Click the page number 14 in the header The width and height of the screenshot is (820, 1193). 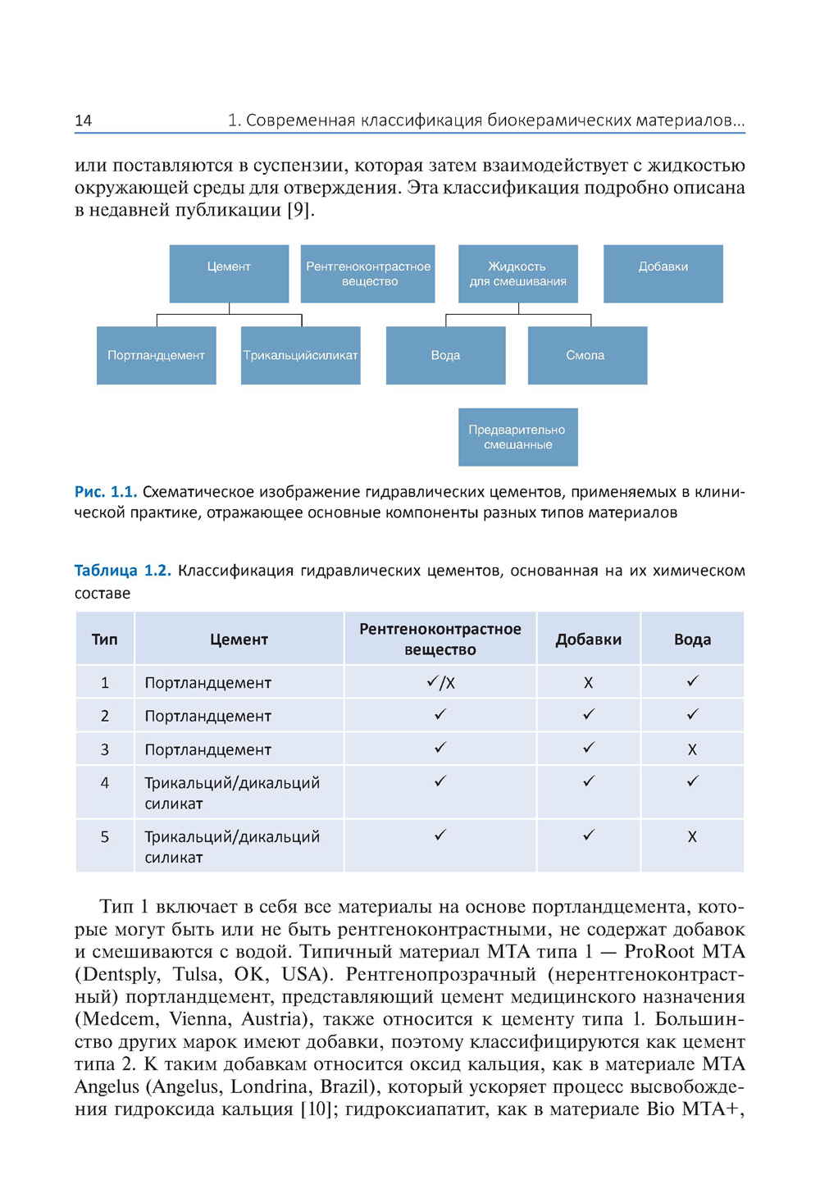(83, 121)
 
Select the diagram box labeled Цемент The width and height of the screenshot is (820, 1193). (229, 273)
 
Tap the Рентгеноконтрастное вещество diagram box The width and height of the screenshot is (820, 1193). (368, 273)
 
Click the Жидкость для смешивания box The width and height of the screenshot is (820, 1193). (517, 273)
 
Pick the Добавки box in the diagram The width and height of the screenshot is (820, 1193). (663, 273)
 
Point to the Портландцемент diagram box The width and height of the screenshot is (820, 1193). (156, 355)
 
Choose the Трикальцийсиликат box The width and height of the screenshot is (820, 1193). (300, 355)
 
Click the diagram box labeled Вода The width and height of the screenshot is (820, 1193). (445, 355)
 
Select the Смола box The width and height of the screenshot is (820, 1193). (586, 355)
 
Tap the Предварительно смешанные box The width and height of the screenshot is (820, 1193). (517, 437)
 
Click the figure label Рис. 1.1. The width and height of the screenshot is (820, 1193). (105, 492)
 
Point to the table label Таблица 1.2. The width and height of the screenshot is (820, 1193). (122, 571)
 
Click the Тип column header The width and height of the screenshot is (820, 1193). (104, 640)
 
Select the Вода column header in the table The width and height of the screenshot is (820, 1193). (692, 640)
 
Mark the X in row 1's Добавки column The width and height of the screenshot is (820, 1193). (588, 683)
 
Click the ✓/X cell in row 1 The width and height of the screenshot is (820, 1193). (440, 683)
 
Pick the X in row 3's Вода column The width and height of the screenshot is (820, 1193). (692, 749)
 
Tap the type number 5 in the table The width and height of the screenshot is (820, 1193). (104, 837)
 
